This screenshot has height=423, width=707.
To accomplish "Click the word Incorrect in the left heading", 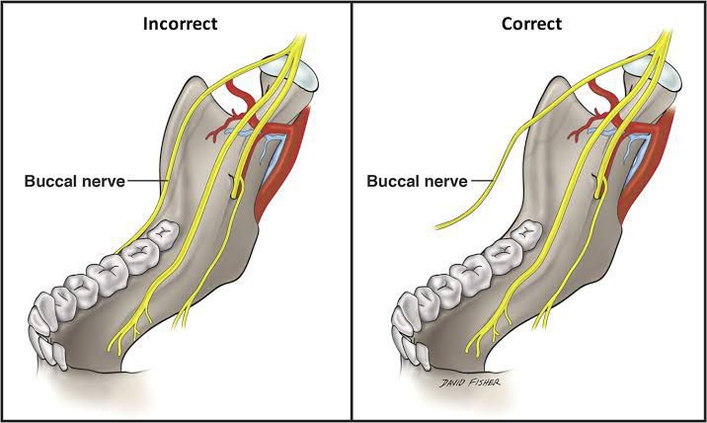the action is point(180,24).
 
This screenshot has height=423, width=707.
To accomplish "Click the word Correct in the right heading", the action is point(531,24).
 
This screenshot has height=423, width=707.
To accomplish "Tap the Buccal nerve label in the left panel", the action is point(74,181).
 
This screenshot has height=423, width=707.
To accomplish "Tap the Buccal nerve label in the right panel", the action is point(417,181).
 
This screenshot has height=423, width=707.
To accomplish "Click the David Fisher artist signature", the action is point(470,382).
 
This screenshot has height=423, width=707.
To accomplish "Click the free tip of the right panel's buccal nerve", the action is point(435,227).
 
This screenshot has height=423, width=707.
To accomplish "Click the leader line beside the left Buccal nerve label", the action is point(145,181).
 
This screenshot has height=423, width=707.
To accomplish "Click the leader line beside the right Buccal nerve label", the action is point(482,181).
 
